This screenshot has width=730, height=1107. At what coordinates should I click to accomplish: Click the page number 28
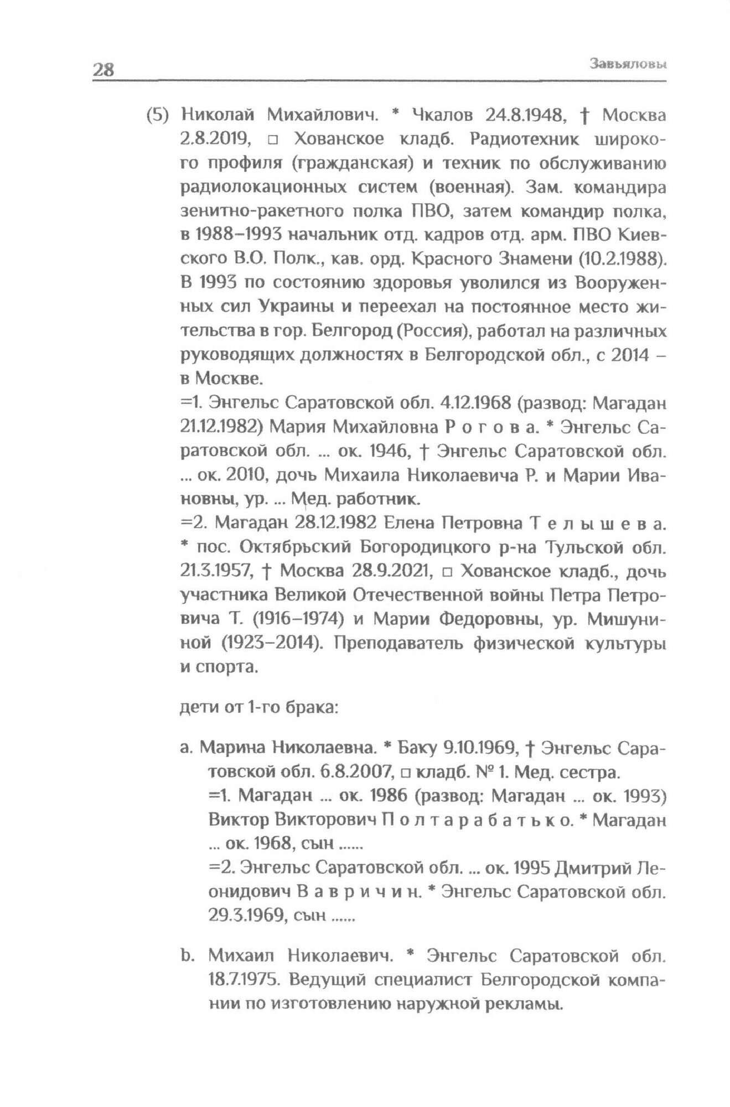click(103, 70)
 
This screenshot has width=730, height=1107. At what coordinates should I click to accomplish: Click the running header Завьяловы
click(628, 64)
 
